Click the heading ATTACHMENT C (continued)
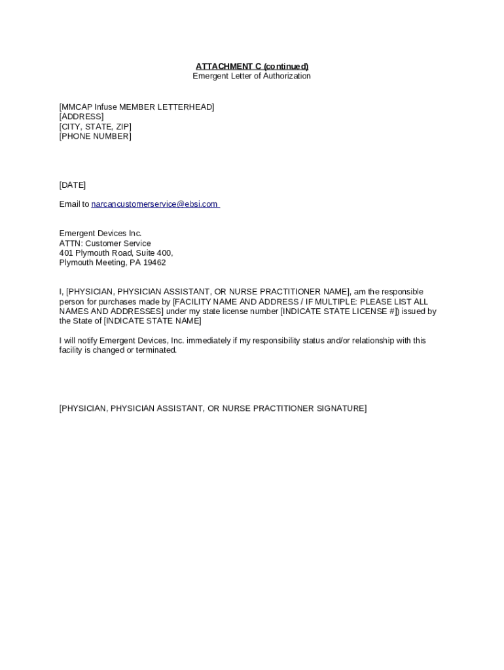251,66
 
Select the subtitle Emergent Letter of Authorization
251,76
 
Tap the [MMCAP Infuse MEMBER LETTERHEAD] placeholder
137,107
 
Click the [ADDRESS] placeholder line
81,116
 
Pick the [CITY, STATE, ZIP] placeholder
95,126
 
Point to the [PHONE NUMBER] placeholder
95,136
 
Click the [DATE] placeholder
72,185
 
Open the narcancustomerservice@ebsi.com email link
154,204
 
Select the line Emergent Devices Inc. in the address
100,234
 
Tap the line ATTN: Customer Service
105,243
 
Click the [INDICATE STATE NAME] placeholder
153,321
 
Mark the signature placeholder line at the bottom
213,408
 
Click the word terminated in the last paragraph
156,350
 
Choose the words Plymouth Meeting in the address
90,262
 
